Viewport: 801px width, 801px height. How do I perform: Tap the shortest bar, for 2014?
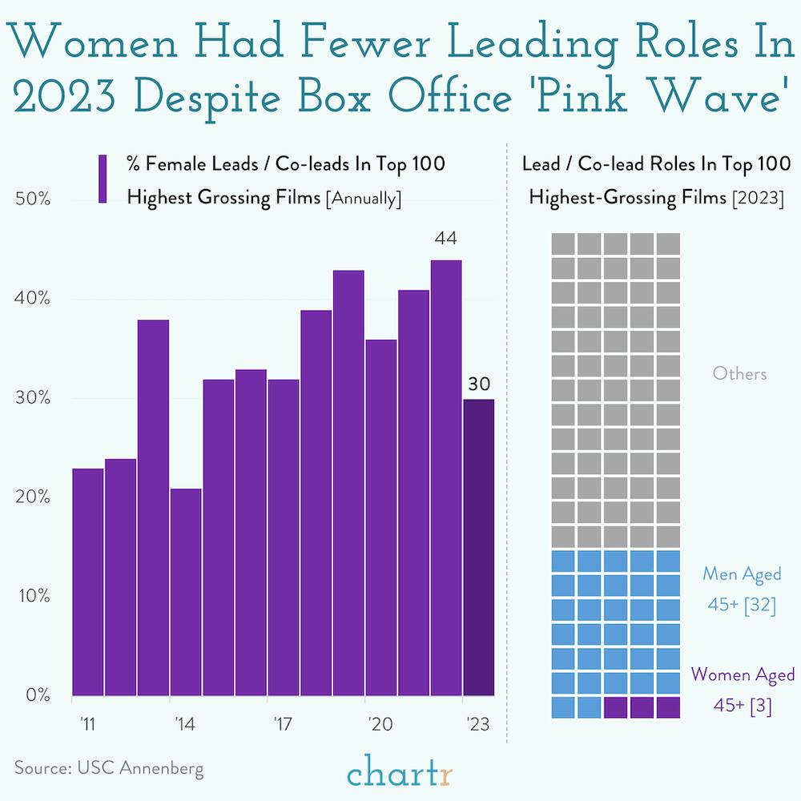click(186, 592)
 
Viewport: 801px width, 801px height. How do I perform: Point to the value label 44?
click(445, 239)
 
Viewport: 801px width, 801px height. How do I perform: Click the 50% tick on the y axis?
click(34, 200)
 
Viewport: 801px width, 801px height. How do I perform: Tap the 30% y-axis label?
click(34, 398)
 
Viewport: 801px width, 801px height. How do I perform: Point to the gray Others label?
click(739, 374)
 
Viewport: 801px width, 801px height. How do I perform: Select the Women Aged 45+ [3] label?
click(743, 690)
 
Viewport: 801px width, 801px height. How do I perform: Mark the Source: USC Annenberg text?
click(109, 768)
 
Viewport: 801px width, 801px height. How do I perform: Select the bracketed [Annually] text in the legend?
click(362, 198)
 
